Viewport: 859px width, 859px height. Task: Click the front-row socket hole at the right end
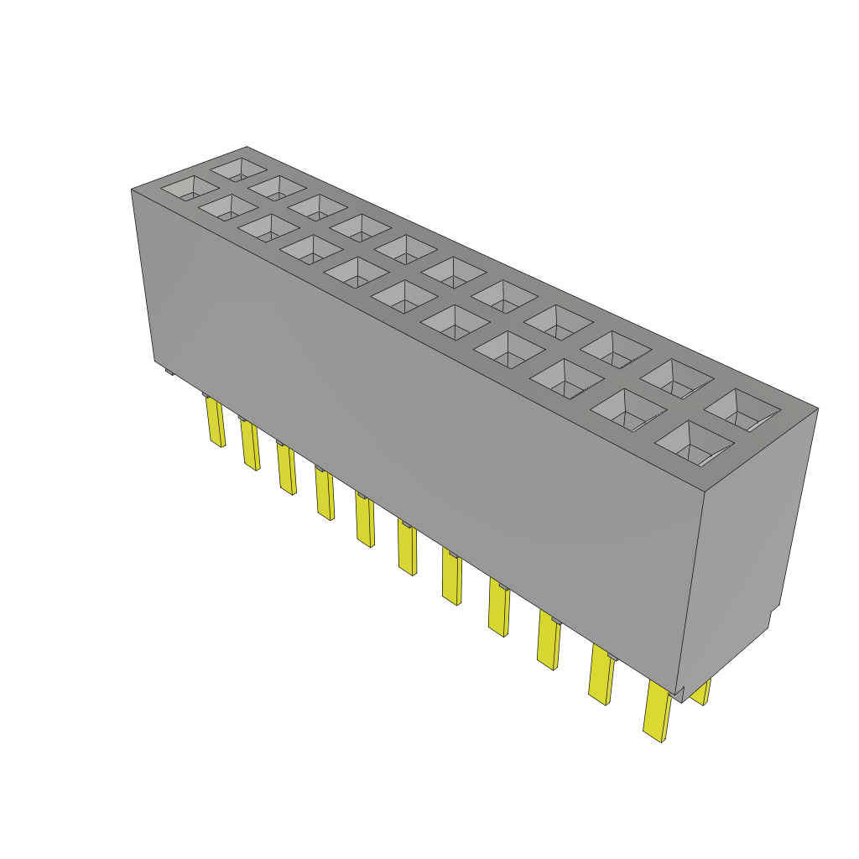coord(694,443)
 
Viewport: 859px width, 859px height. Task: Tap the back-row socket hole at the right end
coord(742,410)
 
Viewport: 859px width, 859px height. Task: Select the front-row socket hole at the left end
coord(189,188)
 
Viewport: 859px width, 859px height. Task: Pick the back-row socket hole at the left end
coord(239,169)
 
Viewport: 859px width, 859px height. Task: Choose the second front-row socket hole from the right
coord(628,409)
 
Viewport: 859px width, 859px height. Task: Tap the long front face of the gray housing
coord(419,419)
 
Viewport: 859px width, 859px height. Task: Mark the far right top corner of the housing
coord(818,409)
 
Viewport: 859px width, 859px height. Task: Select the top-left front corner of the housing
coord(132,190)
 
